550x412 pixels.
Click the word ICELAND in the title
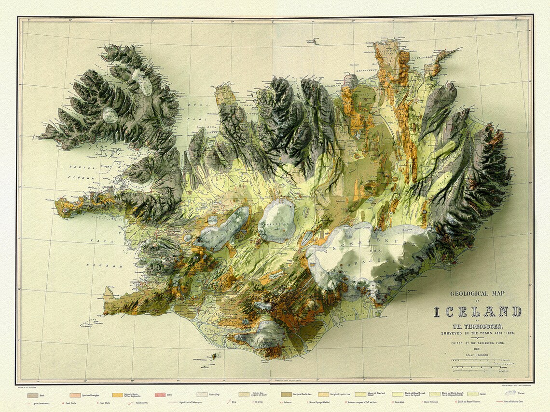coord(477,311)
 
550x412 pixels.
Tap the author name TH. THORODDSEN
coord(478,326)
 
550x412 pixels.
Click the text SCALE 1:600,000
coord(478,355)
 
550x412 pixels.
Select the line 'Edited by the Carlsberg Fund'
coord(478,343)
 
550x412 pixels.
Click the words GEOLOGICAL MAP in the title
coord(477,293)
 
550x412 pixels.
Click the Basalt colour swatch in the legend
coord(33,395)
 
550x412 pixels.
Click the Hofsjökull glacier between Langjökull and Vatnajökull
coord(276,220)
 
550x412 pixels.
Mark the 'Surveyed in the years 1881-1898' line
coord(478,332)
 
